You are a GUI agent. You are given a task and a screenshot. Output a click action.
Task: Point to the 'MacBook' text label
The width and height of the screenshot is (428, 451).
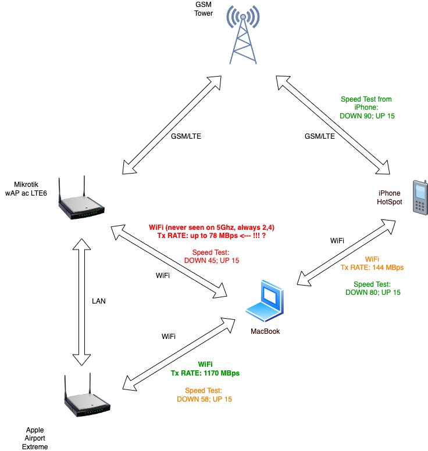(266, 331)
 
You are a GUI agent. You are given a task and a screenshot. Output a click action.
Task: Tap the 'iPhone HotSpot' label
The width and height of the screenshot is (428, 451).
(389, 198)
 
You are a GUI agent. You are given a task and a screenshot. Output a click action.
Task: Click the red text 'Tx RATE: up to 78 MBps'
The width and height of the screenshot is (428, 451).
(209, 237)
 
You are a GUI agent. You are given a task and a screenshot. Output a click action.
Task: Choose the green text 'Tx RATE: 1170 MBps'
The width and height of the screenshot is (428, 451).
(205, 373)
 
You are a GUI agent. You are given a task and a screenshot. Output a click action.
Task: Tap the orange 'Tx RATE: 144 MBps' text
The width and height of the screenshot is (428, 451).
(372, 267)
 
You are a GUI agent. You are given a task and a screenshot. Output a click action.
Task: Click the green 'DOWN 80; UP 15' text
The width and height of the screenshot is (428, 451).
(372, 293)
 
